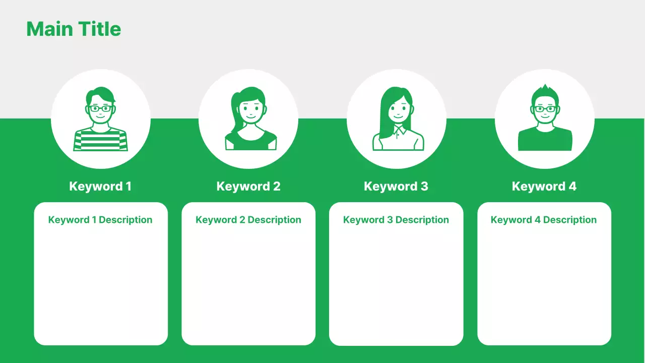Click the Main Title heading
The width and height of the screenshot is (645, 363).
pos(74,29)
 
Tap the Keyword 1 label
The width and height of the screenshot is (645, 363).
pos(100,187)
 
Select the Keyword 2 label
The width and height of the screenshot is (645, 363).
pos(248,187)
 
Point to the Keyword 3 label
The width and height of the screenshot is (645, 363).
pos(396,187)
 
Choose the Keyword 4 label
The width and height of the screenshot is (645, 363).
pos(544,187)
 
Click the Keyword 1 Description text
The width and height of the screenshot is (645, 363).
pos(100,220)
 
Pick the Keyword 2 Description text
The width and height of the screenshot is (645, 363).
pos(248,220)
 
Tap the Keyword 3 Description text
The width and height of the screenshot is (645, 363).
pos(396,220)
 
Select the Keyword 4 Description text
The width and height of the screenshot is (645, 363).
pos(544,220)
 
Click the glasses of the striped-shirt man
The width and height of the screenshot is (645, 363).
pos(101,108)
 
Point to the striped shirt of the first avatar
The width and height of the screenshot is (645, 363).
pos(101,141)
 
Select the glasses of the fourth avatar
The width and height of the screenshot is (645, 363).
pos(545,109)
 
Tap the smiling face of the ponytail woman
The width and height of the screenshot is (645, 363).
pos(251,110)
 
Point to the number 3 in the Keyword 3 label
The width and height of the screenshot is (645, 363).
pos(424,187)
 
